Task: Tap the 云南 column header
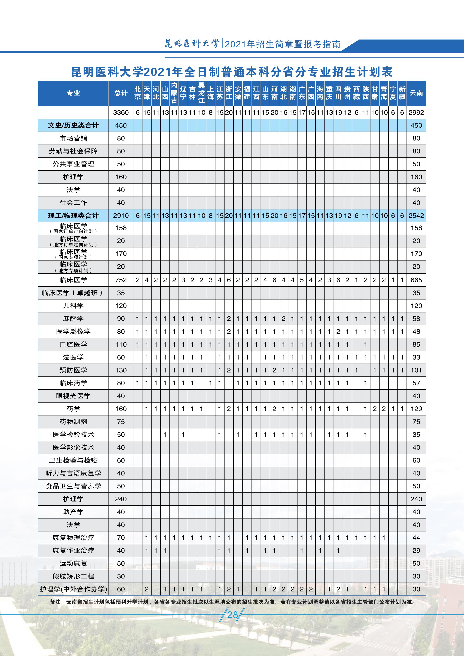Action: pyautogui.click(x=416, y=93)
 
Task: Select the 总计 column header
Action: pyautogui.click(x=121, y=93)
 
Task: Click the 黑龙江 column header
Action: pyautogui.click(x=202, y=93)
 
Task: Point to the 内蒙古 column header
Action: pyautogui.click(x=174, y=93)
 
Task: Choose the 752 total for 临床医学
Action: pyautogui.click(x=121, y=280)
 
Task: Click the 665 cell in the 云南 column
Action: pyautogui.click(x=416, y=280)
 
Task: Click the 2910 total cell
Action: pyautogui.click(x=121, y=216)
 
